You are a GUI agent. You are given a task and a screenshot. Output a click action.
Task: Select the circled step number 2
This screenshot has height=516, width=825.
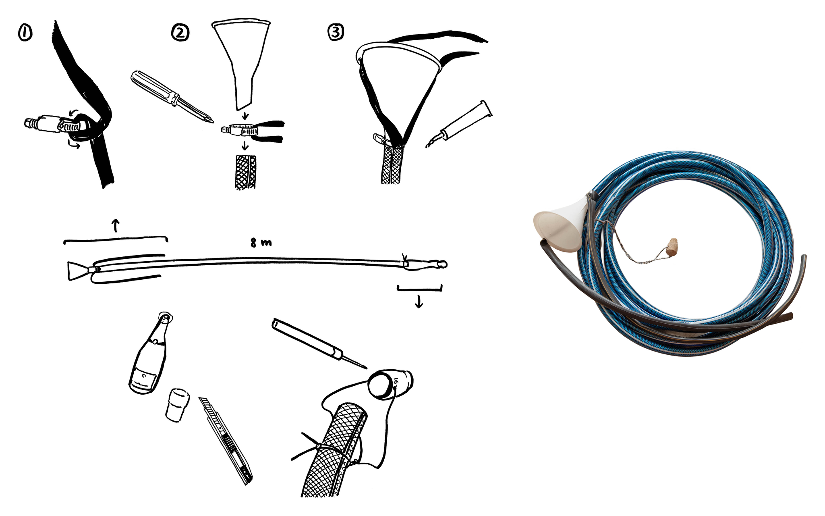click(180, 33)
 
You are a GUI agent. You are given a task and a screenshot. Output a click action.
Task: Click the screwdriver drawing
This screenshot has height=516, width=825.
click(172, 97)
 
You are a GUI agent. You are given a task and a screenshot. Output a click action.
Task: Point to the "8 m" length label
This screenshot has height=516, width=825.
click(261, 243)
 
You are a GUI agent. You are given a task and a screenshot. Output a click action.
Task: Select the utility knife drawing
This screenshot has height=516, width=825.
click(226, 440)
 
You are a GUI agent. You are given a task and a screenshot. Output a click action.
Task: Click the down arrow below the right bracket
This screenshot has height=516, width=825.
click(419, 302)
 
